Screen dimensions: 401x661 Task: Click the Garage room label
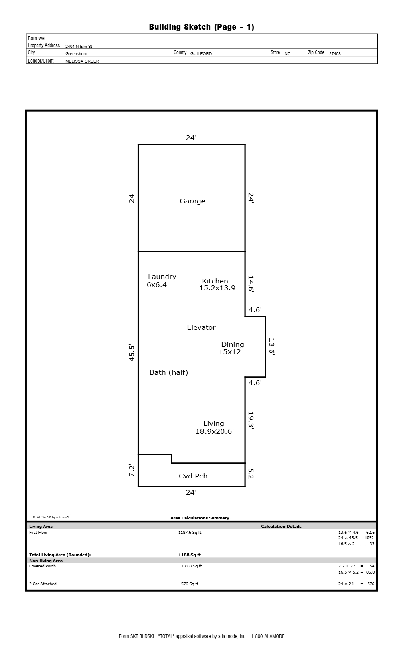click(192, 201)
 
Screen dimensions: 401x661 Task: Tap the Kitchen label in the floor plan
click(215, 281)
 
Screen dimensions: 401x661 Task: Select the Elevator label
click(201, 327)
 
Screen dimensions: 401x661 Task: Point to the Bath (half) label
click(169, 372)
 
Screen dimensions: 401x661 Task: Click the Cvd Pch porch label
click(193, 476)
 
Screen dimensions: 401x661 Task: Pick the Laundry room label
click(162, 277)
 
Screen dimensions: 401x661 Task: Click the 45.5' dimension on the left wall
click(132, 353)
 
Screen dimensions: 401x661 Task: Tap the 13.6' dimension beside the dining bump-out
click(271, 346)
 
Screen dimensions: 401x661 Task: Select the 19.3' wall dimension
click(251, 420)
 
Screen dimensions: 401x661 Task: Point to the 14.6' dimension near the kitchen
click(251, 284)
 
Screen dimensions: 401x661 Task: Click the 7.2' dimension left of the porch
click(132, 470)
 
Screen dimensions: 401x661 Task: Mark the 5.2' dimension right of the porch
click(251, 474)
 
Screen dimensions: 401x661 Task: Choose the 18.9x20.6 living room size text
click(213, 431)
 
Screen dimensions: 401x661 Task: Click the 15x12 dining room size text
click(229, 352)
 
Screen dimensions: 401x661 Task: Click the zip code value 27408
click(335, 53)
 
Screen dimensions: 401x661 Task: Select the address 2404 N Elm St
click(79, 46)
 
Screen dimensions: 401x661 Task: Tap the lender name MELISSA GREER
click(82, 61)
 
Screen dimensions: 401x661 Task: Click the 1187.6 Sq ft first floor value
click(190, 532)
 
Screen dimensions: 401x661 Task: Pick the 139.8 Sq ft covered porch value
click(191, 566)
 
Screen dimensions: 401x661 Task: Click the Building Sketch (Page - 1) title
click(201, 27)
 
